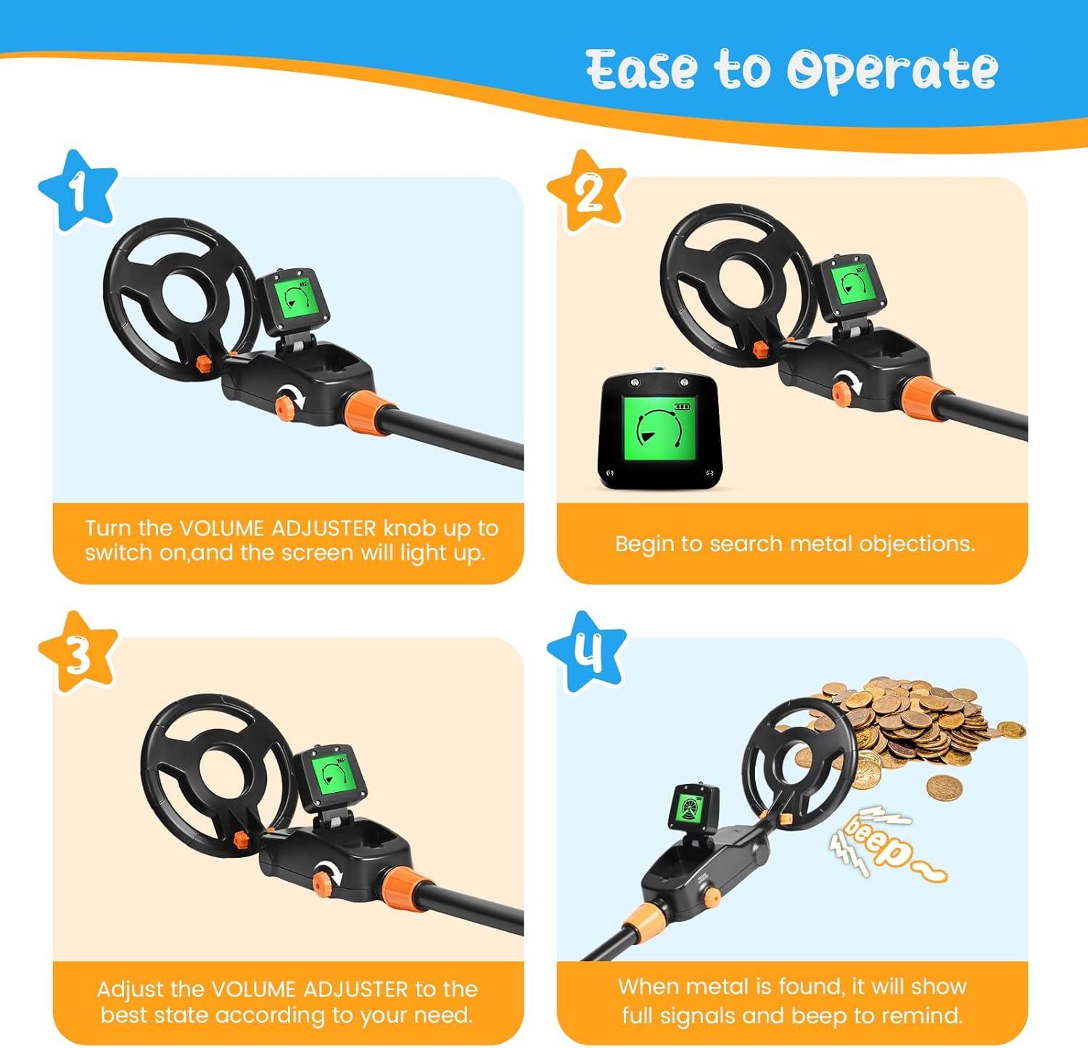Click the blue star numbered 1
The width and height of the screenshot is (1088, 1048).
[78, 191]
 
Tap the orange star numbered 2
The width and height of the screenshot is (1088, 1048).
[587, 192]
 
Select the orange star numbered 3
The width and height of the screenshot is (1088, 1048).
[78, 653]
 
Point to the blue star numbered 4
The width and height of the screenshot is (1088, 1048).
[587, 651]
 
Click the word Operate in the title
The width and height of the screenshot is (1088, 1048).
[892, 70]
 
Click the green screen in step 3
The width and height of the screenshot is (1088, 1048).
[333, 774]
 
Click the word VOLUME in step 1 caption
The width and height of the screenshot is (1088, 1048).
[221, 528]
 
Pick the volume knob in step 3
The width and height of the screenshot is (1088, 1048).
[323, 880]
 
